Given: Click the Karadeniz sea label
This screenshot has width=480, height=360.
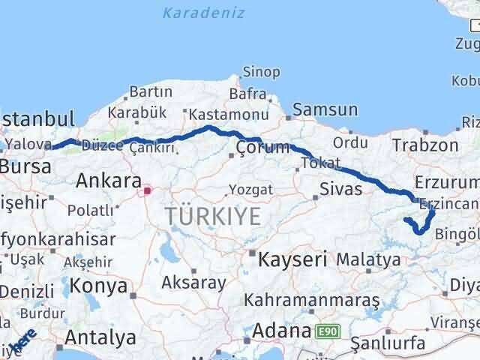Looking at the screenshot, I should [x=194, y=12].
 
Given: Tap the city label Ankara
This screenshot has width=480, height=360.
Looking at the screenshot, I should [x=109, y=181].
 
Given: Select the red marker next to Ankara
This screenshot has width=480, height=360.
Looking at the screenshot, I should [x=147, y=190].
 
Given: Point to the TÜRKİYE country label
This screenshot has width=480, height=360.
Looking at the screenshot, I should [x=214, y=217].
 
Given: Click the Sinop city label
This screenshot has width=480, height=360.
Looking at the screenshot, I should [x=261, y=73].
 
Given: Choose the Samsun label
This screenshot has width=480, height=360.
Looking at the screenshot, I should [x=325, y=109].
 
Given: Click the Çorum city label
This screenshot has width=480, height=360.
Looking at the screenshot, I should [x=262, y=147].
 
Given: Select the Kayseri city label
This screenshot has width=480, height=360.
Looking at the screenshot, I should [x=292, y=260].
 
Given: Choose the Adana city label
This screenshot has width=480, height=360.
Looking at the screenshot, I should [x=282, y=330].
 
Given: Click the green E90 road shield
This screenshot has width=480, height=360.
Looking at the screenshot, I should [x=327, y=331].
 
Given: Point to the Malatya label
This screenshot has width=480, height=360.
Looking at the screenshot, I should [x=368, y=260].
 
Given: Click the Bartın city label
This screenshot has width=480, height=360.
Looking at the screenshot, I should [x=151, y=92].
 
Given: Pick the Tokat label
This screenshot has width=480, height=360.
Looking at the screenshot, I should [x=320, y=163].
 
